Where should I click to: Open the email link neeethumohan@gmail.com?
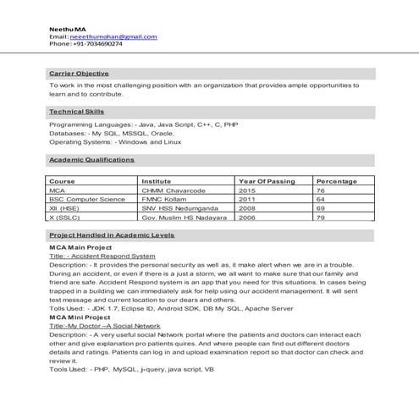click(x=114, y=36)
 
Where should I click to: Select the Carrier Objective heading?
click(x=79, y=74)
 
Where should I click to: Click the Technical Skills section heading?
click(x=77, y=112)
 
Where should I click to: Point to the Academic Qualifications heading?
click(x=91, y=159)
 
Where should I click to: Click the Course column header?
click(x=62, y=182)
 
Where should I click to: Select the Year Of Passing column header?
click(x=267, y=182)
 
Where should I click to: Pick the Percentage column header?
click(x=336, y=182)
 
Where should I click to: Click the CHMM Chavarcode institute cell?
click(x=174, y=191)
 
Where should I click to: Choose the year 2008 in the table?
click(x=247, y=208)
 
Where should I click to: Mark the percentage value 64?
click(x=321, y=200)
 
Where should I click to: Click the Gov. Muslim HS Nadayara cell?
click(x=185, y=218)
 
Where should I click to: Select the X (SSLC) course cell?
click(x=65, y=218)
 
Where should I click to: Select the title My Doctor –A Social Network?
click(x=105, y=325)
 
